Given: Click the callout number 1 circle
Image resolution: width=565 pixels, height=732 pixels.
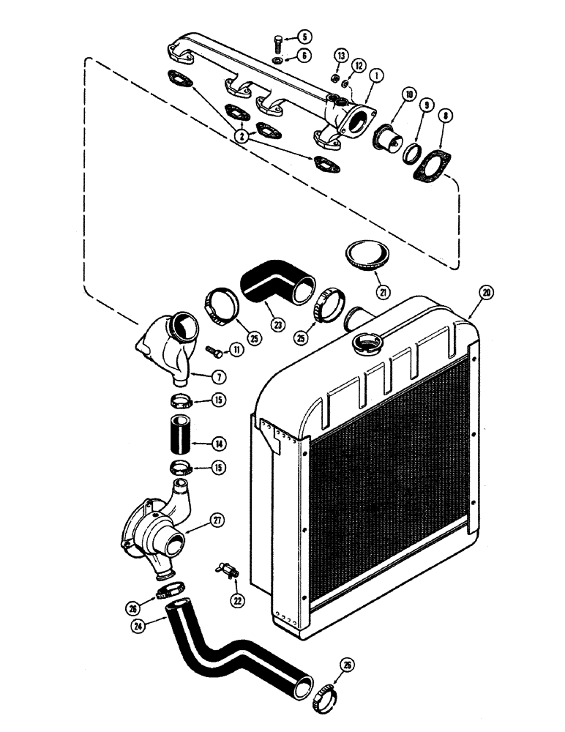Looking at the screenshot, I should pos(375,75).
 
